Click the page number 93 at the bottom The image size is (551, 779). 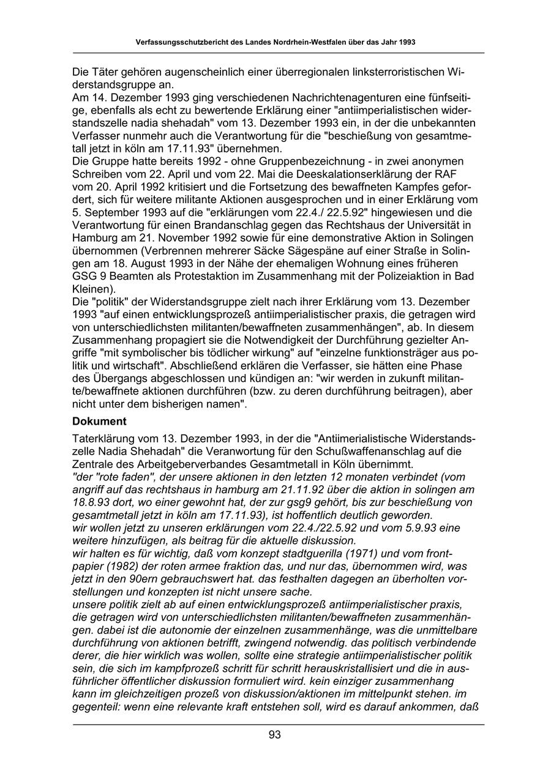[275, 736]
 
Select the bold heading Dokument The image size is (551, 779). [99, 422]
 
